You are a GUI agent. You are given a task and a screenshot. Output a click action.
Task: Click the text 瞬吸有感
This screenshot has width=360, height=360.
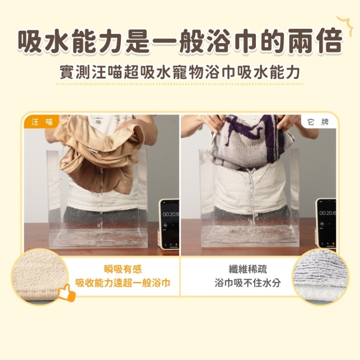[x=123, y=269]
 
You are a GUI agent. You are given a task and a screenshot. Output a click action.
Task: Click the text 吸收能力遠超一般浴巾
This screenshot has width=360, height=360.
[x=123, y=283]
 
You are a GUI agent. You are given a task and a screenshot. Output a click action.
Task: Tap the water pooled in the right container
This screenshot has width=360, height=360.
[x=250, y=236]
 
